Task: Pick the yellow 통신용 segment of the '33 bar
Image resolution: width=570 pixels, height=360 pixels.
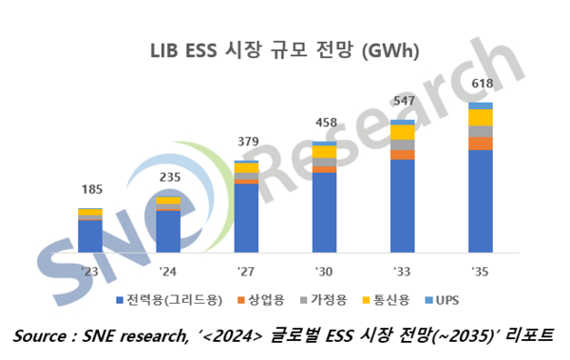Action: tap(403, 132)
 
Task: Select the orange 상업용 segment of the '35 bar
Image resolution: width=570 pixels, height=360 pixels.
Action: tap(481, 143)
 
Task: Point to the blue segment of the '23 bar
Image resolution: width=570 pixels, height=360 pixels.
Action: tap(90, 236)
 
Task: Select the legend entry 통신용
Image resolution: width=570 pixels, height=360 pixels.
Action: tap(392, 300)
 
